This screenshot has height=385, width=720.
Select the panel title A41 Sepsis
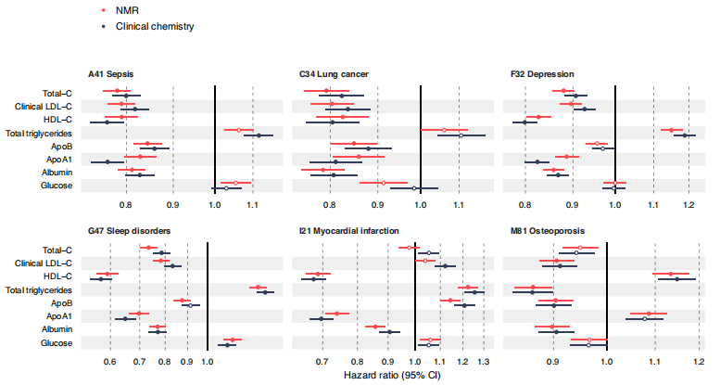tap(116, 73)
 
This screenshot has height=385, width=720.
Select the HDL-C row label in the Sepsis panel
tap(57, 120)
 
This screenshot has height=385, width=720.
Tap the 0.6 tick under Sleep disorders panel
tap(109, 361)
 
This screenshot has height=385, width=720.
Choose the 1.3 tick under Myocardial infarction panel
tap(483, 361)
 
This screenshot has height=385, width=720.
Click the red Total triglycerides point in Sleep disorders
tap(259, 288)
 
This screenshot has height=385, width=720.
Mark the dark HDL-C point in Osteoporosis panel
tap(676, 278)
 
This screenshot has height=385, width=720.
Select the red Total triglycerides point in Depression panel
tap(671, 130)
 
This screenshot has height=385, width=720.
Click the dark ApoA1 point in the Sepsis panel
tap(107, 161)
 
